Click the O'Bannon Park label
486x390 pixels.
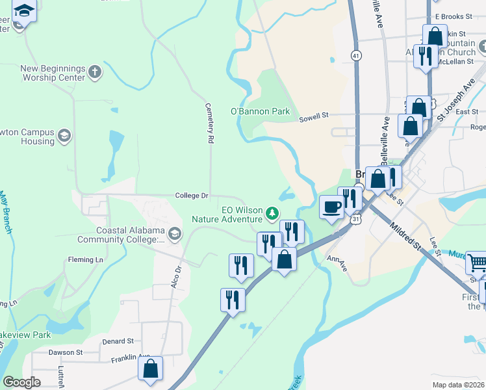pyautogui.click(x=261, y=111)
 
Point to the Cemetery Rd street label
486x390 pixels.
pyautogui.click(x=209, y=123)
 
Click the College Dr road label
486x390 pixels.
pyautogui.click(x=191, y=196)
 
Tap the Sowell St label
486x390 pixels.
pyautogui.click(x=314, y=117)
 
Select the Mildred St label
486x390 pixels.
pyautogui.click(x=404, y=235)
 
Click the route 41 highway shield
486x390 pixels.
pyautogui.click(x=356, y=55)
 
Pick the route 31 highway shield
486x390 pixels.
pyautogui.click(x=356, y=220)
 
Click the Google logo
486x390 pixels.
pyautogui.click(x=21, y=382)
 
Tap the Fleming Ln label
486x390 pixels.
pyautogui.click(x=86, y=260)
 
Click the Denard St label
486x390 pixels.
pyautogui.click(x=118, y=341)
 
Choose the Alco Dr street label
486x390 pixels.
pyautogui.click(x=177, y=278)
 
